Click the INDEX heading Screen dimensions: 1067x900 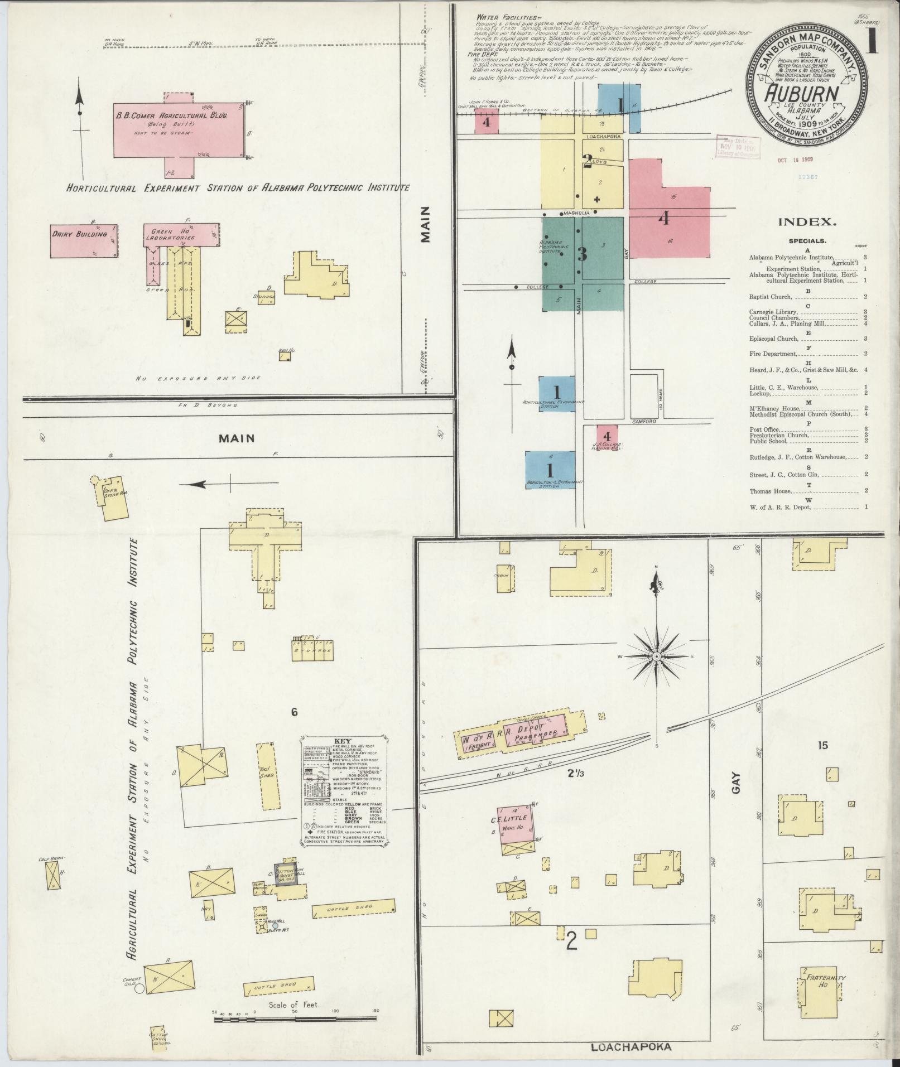coord(807,222)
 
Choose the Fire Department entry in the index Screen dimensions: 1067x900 coord(773,354)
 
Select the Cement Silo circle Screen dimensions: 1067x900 coord(139,988)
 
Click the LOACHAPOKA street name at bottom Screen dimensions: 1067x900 coord(631,1047)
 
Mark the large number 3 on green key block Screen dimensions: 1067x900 coord(583,254)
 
